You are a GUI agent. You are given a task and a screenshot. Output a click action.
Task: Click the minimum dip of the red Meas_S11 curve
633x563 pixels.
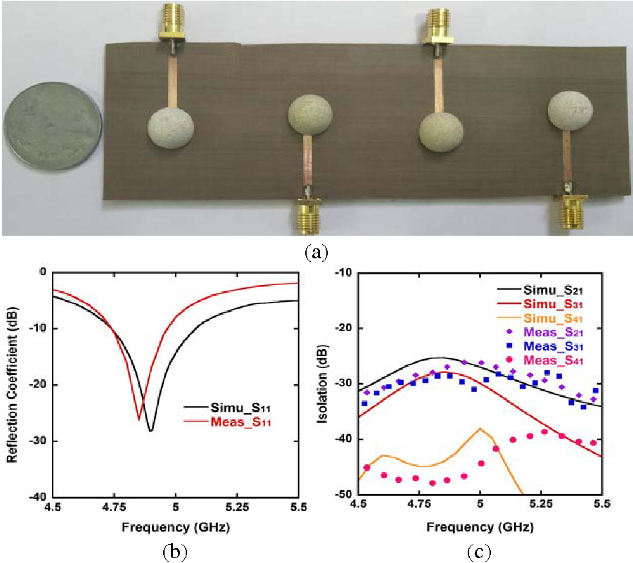[139, 419]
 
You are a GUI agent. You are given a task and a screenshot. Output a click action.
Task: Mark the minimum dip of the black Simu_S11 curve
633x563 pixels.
[151, 431]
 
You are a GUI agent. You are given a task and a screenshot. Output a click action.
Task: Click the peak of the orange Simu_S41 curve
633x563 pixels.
[480, 429]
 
